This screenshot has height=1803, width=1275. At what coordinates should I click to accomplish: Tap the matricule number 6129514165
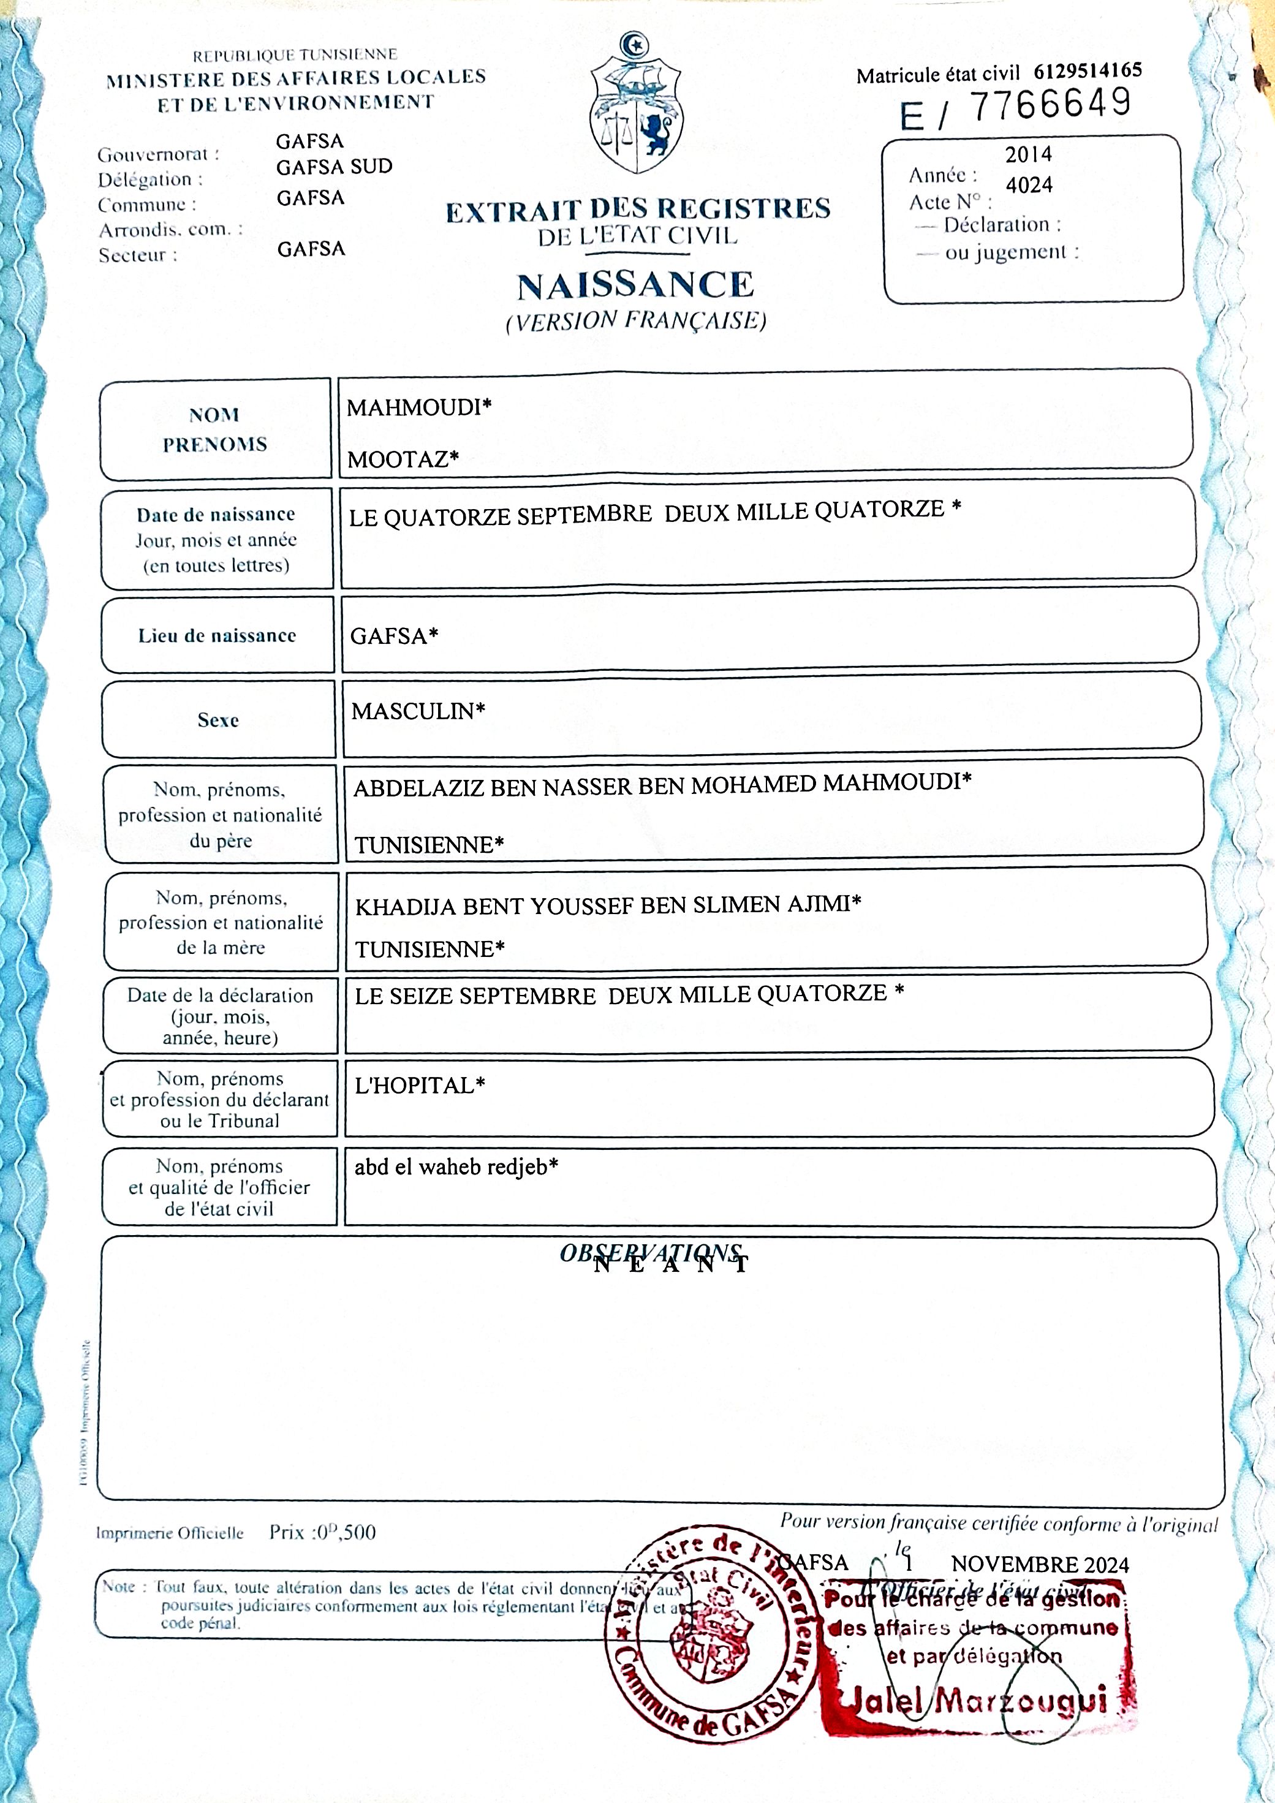coord(1088,70)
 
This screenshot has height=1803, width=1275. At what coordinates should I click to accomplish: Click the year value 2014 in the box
coord(1029,154)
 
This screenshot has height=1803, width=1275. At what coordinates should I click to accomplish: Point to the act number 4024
coord(1029,186)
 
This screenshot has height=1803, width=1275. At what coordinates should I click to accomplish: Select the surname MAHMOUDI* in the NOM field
coord(419,407)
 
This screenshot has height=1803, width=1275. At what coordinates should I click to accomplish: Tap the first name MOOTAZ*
coord(403,459)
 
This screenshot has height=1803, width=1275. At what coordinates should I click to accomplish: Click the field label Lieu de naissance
coord(218,635)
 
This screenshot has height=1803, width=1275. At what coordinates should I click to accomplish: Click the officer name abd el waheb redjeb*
coord(456,1167)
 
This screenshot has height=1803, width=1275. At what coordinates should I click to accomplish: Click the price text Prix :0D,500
coord(323,1532)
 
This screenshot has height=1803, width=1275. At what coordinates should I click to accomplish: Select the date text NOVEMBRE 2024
coord(1040,1564)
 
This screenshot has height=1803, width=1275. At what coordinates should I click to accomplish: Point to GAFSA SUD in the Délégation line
coord(334,167)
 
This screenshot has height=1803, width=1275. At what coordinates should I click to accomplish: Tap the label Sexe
coord(218,720)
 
